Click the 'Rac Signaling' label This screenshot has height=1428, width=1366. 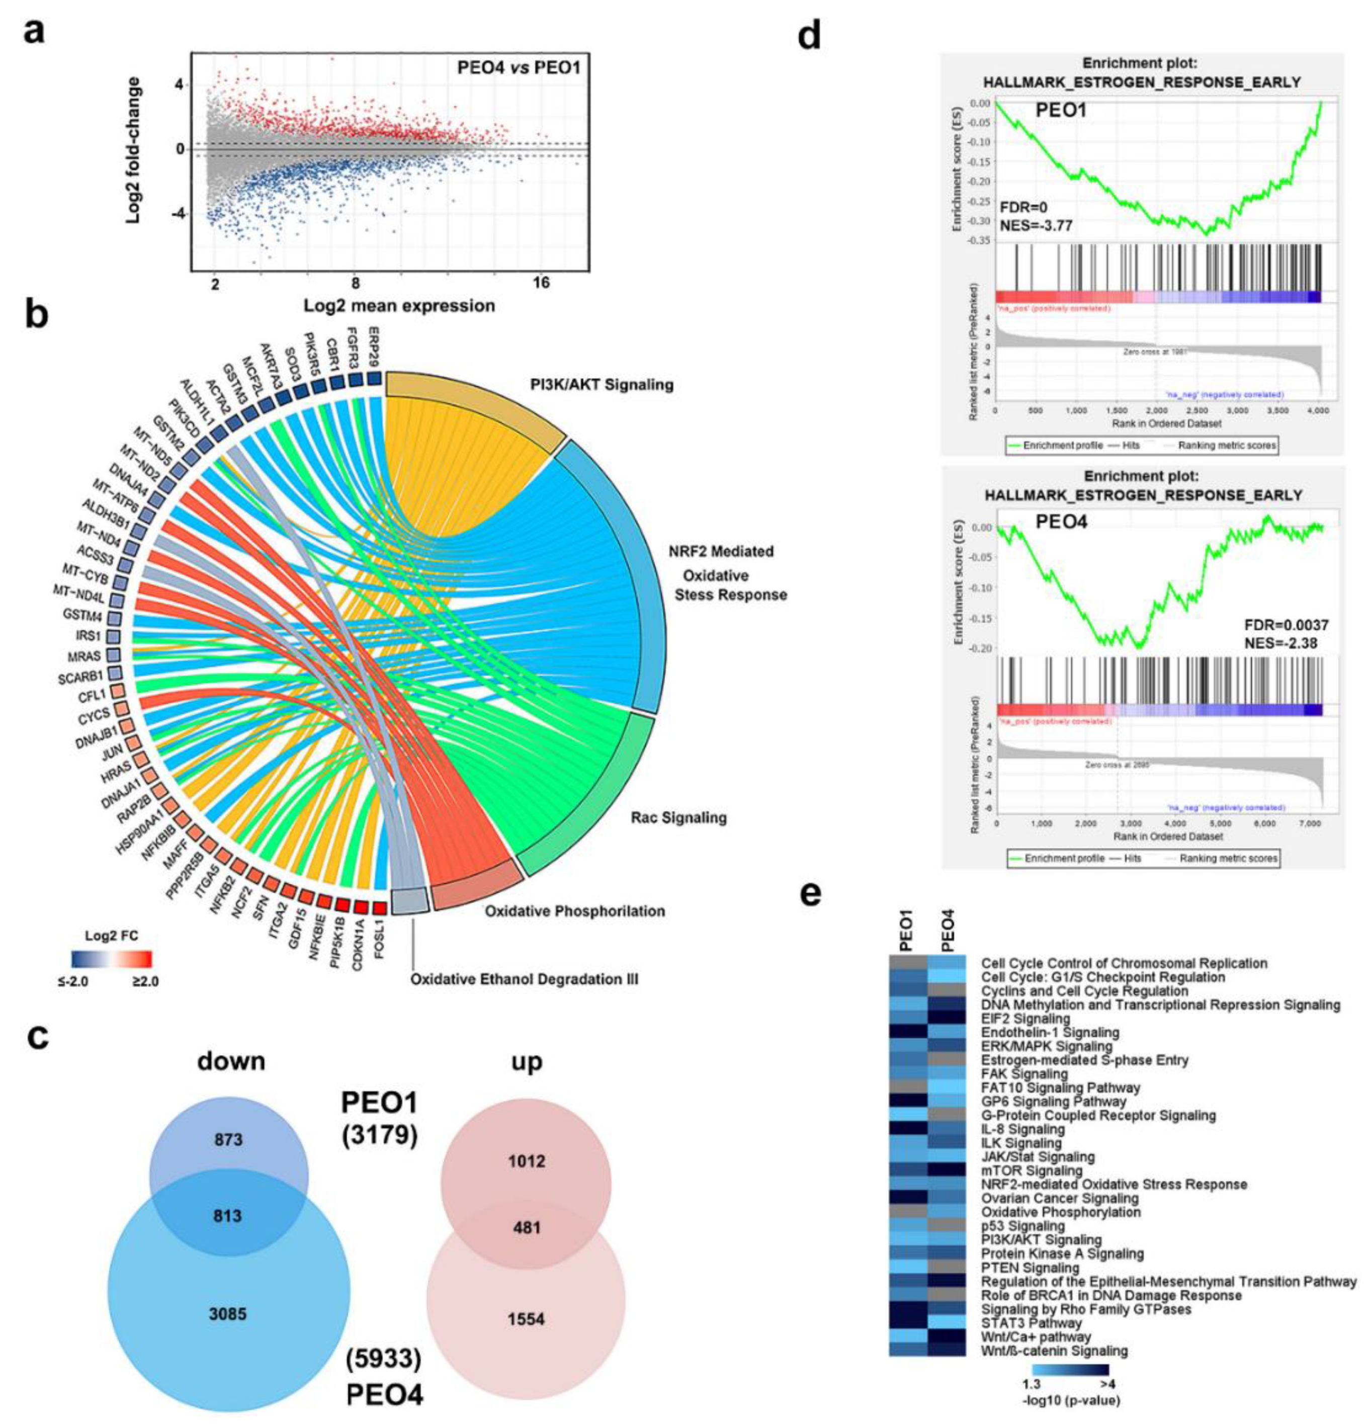pyautogui.click(x=678, y=818)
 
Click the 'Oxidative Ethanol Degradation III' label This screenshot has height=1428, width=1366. pyautogui.click(x=524, y=979)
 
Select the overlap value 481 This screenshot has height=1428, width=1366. pyautogui.click(x=527, y=1228)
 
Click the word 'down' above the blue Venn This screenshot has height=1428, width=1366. pyautogui.click(x=231, y=1062)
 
